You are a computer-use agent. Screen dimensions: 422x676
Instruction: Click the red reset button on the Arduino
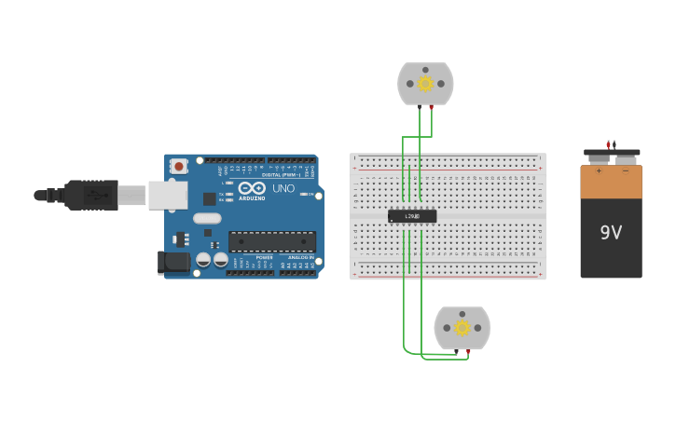pos(178,166)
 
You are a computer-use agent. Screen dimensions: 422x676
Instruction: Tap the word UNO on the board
pos(283,188)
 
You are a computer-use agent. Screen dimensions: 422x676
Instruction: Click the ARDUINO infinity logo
pos(252,187)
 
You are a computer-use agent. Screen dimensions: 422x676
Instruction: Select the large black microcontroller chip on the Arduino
pos(271,241)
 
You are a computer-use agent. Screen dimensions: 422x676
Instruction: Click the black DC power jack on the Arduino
pos(173,263)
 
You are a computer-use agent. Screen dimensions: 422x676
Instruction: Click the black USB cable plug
pos(90,196)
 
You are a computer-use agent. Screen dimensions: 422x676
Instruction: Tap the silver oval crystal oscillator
pos(207,219)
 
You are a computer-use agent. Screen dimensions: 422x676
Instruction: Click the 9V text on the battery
pos(611,232)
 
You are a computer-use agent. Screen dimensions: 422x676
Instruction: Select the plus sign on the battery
pos(599,171)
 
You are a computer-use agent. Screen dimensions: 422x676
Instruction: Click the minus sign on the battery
pos(626,171)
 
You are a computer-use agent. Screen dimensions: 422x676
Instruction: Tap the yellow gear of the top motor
pos(425,84)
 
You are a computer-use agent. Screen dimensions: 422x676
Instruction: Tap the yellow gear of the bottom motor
pos(462,328)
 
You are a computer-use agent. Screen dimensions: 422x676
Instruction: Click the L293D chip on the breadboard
pos(412,216)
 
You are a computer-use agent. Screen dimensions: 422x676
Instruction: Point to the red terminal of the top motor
pos(431,107)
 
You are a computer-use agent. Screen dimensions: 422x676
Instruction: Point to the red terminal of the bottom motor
pos(467,351)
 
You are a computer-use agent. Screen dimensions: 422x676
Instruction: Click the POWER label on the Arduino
pos(265,257)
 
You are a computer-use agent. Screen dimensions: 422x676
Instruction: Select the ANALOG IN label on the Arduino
pos(300,257)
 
